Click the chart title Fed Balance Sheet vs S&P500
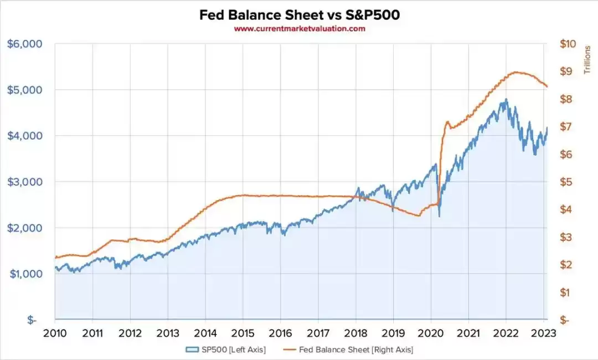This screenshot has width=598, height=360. pyautogui.click(x=299, y=15)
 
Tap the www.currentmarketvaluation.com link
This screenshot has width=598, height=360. pyautogui.click(x=299, y=29)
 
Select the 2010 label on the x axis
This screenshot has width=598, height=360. pyautogui.click(x=55, y=333)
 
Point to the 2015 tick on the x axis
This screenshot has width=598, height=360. pyautogui.click(x=243, y=333)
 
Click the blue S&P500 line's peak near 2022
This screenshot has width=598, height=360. pyautogui.click(x=505, y=100)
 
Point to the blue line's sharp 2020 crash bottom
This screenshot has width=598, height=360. pyautogui.click(x=439, y=216)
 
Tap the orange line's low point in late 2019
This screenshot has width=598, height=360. pyautogui.click(x=418, y=215)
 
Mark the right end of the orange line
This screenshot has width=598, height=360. pyautogui.click(x=547, y=86)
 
